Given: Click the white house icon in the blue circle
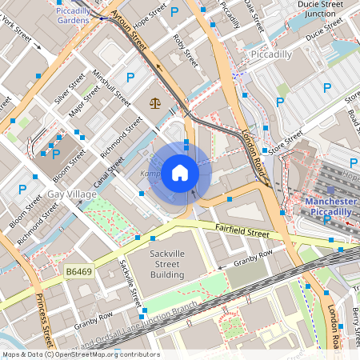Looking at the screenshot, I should click(x=180, y=173).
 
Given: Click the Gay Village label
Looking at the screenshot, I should click(x=71, y=194).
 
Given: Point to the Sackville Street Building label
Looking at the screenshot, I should click(x=157, y=264).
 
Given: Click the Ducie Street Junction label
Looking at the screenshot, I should click(x=320, y=9).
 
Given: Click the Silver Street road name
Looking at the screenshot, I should click(x=70, y=88).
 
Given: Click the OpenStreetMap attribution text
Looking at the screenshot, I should click(x=80, y=354).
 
